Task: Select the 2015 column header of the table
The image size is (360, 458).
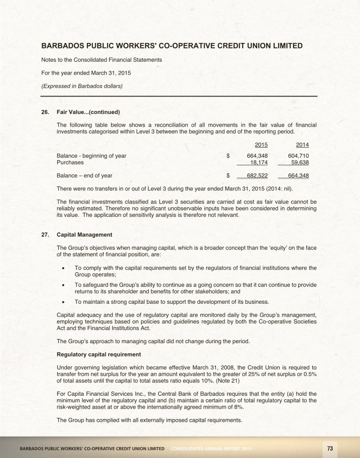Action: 261,145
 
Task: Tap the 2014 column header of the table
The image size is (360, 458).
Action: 302,145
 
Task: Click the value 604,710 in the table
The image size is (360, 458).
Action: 298,156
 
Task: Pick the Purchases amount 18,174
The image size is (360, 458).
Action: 259,162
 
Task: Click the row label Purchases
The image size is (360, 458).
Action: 70,162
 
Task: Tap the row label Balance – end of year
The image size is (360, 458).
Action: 84,175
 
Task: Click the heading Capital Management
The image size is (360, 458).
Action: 84,235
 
